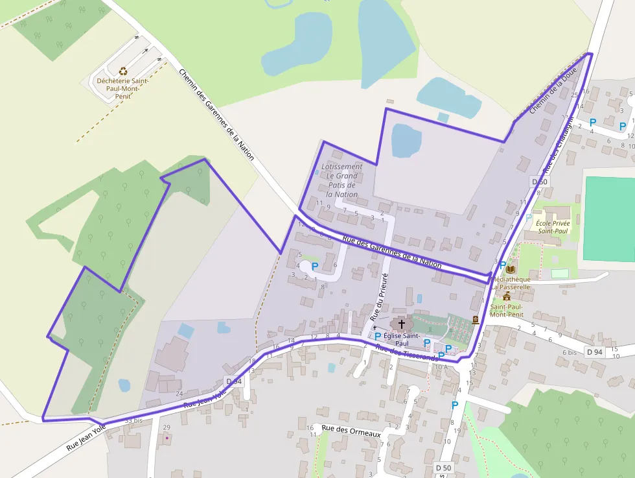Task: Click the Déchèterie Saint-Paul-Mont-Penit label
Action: point(122,88)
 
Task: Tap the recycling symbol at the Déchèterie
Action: point(123,72)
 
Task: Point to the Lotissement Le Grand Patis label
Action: point(341,180)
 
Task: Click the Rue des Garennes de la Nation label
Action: point(392,252)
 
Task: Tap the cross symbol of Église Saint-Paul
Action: point(401,324)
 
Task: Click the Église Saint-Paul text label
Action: point(402,339)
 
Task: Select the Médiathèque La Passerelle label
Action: point(511,282)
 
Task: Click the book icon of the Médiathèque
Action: point(511,269)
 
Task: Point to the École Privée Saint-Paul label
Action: point(553,227)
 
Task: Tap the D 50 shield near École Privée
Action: point(540,182)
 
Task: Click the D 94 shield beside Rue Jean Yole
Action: point(234,381)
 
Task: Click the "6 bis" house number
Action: point(570,352)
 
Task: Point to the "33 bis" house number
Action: point(133,421)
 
